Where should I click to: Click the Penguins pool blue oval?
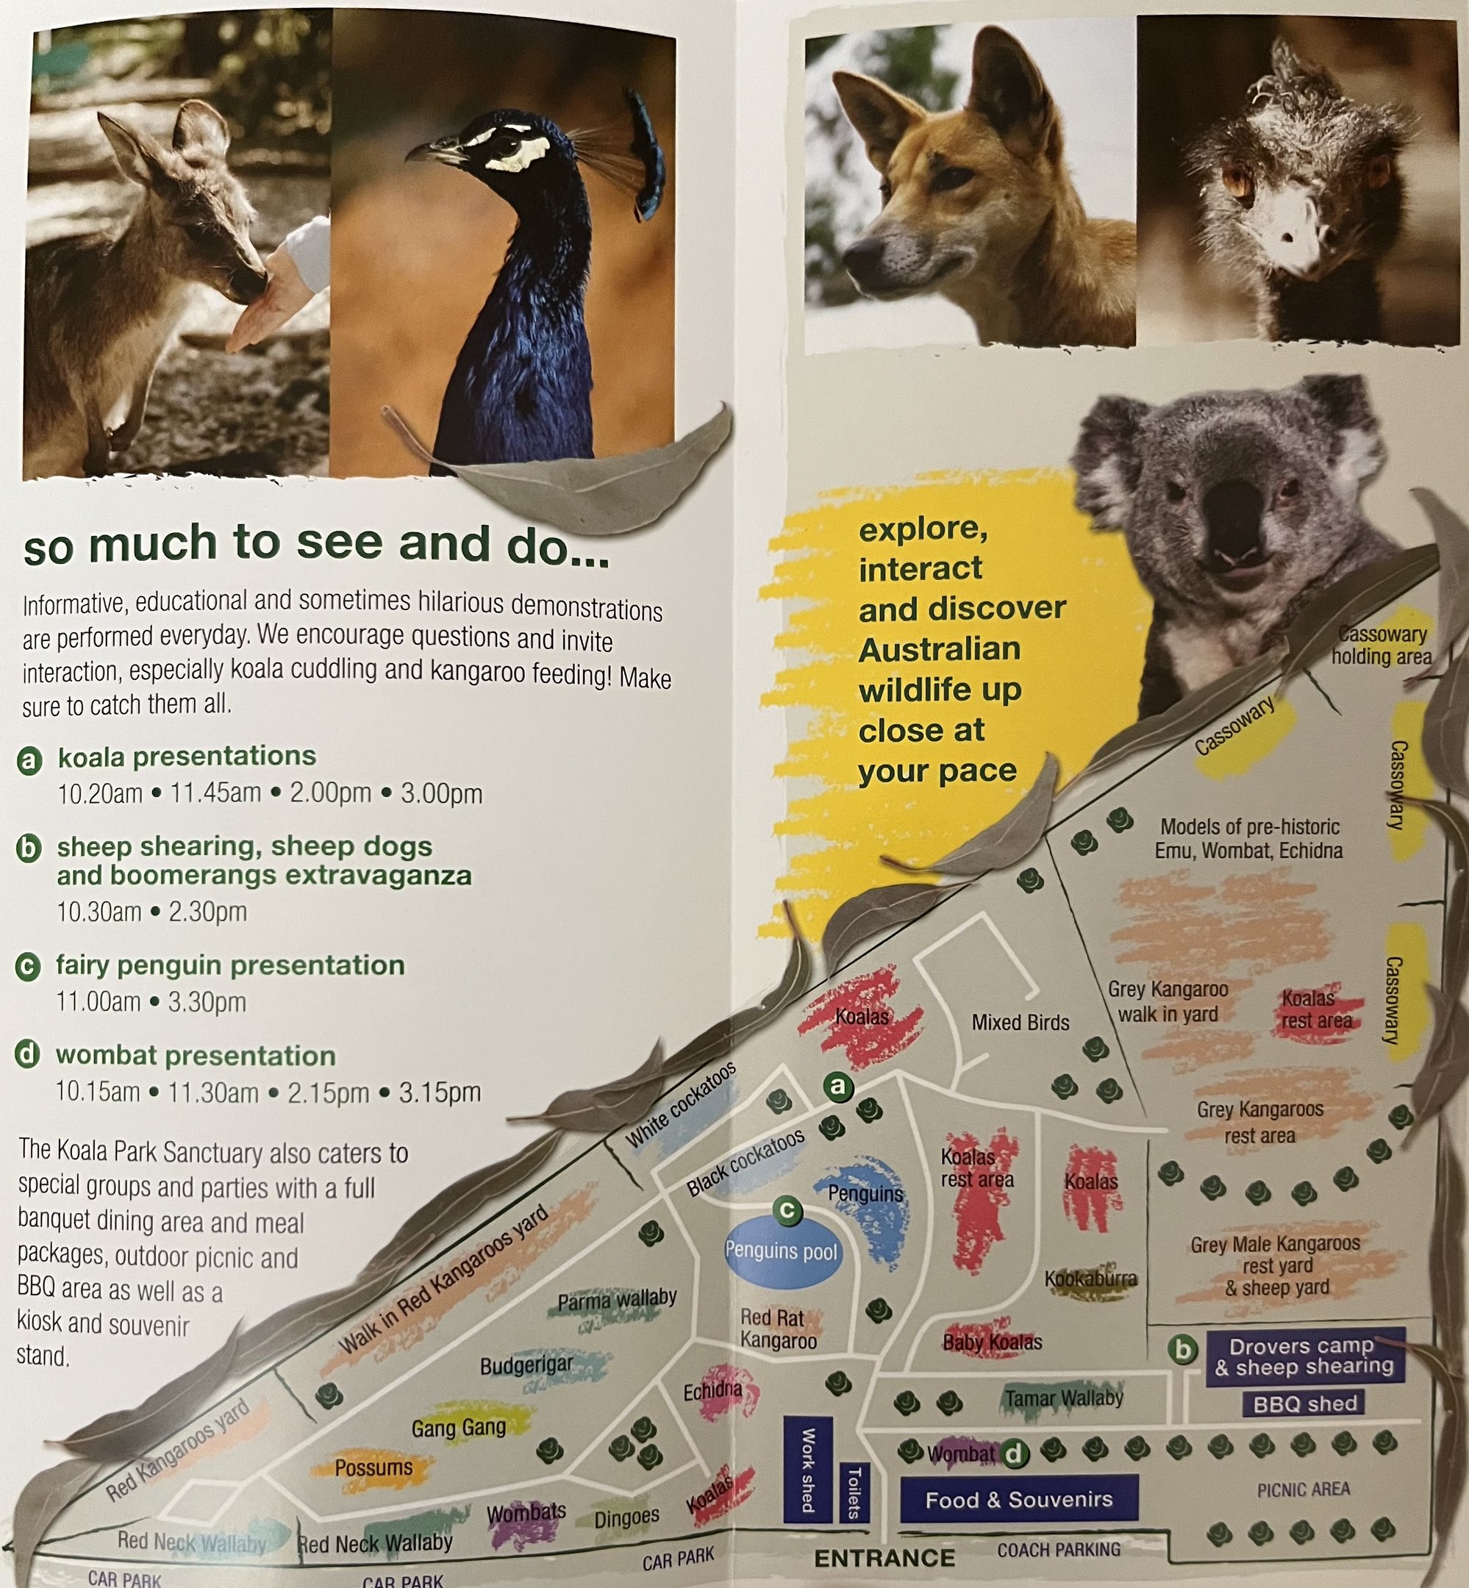pos(782,1252)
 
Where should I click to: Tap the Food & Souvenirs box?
pos(1018,1499)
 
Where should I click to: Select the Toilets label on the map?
pos(854,1492)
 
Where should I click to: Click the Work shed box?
pos(807,1470)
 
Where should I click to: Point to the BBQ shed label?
pos(1304,1403)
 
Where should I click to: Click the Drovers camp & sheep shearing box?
pos(1304,1356)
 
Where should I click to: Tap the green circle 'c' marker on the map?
pos(787,1209)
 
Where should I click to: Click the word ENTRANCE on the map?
pos(884,1558)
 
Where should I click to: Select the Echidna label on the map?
pos(713,1390)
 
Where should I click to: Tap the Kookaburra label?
pos(1090,1278)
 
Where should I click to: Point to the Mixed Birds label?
pos(1021,1022)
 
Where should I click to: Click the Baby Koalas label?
pos(992,1342)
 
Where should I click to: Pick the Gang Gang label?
pos(459,1428)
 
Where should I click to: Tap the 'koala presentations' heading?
pos(187,756)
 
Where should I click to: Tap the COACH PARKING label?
pos(1059,1549)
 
